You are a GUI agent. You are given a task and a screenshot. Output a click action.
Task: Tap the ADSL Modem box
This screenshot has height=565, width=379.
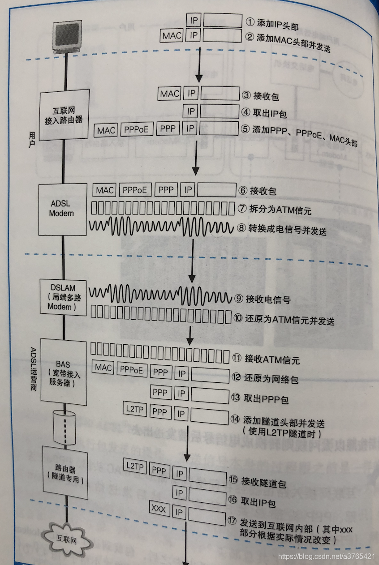62,209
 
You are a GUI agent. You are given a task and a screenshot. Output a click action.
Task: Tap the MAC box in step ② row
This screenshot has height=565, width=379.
172,35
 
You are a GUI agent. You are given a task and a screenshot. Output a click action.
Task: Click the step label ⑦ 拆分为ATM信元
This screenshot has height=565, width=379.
274,209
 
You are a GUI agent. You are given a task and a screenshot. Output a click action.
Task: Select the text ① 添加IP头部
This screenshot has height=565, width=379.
276,23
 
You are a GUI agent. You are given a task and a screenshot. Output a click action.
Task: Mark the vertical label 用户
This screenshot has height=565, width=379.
31,139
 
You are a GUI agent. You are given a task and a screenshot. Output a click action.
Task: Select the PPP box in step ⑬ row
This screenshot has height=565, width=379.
160,392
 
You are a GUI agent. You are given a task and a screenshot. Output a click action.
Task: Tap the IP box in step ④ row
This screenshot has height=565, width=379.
191,111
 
